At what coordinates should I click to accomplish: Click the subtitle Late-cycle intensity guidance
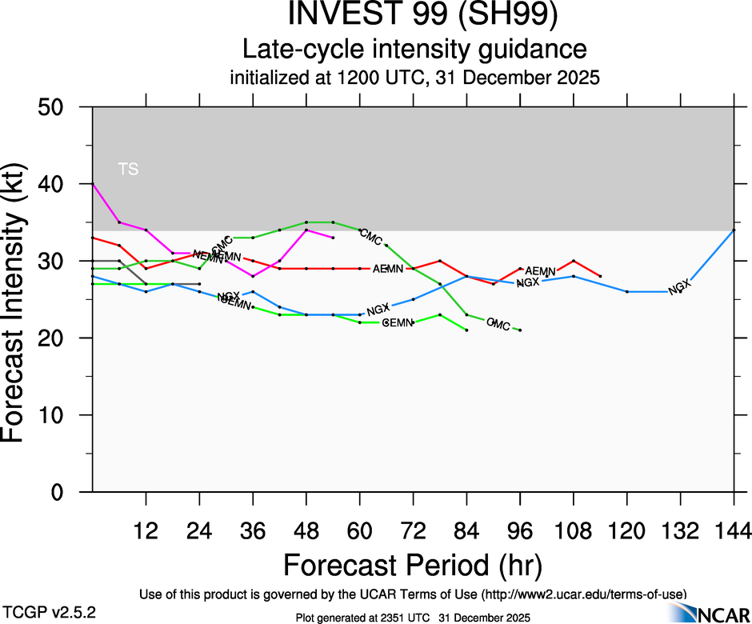click(x=414, y=50)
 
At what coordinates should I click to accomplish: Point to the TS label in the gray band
click(x=128, y=169)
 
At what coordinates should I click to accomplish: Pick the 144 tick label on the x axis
click(x=734, y=530)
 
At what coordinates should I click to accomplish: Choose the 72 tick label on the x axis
click(x=413, y=530)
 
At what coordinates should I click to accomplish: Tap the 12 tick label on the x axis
click(x=146, y=530)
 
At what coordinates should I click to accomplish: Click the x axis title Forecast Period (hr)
click(x=413, y=566)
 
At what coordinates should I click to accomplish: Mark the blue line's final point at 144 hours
click(x=734, y=230)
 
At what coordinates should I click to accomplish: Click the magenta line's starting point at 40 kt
click(x=93, y=184)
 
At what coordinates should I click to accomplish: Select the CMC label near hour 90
click(x=498, y=323)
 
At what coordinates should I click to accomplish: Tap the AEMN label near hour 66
click(x=388, y=269)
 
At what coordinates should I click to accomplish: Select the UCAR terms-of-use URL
click(x=583, y=594)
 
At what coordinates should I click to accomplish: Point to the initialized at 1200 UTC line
click(x=414, y=78)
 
